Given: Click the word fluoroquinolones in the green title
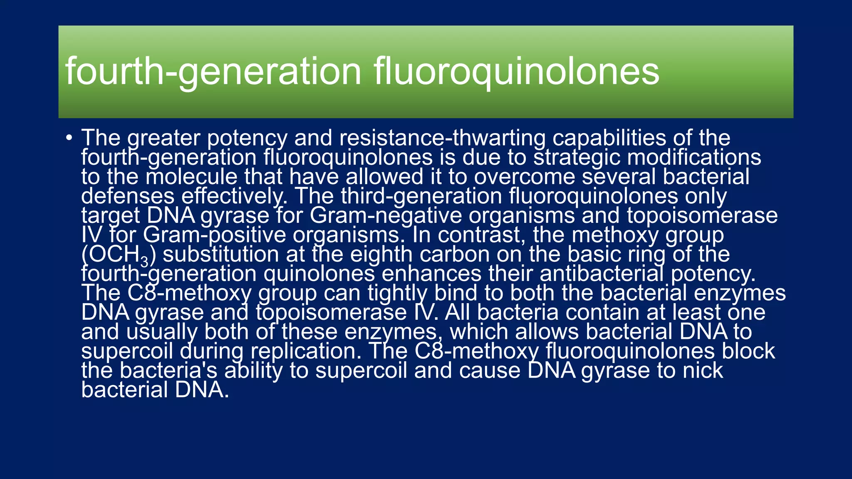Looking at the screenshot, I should click(516, 72).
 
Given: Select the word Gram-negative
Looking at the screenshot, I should click(386, 215).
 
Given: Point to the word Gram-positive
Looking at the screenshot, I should click(215, 235).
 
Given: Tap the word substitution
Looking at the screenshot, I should click(220, 254).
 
